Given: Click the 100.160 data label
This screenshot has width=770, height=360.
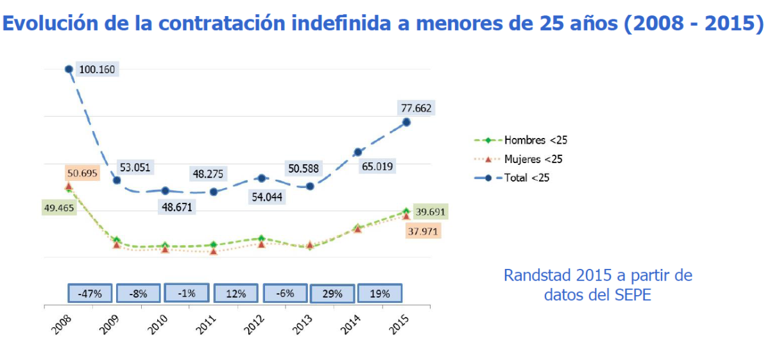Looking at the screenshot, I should pos(97,70).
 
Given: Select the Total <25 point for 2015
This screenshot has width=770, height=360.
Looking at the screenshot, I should pos(406,122).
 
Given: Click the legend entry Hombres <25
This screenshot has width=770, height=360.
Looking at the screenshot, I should pos(535,140).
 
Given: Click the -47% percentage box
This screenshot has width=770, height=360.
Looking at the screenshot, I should pos(90,293).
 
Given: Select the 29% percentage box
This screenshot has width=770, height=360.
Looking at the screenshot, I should pos(332,294).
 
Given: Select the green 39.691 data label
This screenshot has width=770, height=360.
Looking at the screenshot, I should pos(429,212).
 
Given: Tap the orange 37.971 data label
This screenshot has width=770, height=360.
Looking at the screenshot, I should pos(424,232).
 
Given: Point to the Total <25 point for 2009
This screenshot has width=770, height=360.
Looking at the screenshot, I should pos(117,180).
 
